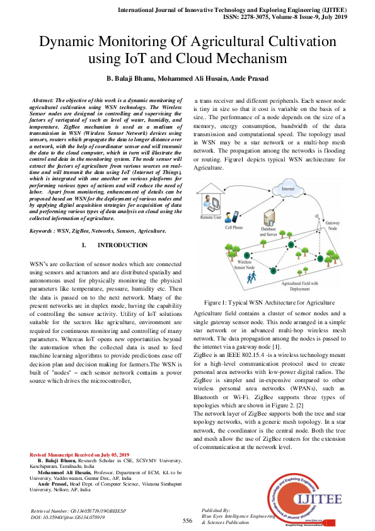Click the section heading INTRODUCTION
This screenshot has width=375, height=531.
point(123,245)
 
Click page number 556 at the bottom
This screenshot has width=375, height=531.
point(187,521)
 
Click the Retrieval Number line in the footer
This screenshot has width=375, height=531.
point(76,510)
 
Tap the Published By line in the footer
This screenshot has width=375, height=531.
point(216,510)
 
